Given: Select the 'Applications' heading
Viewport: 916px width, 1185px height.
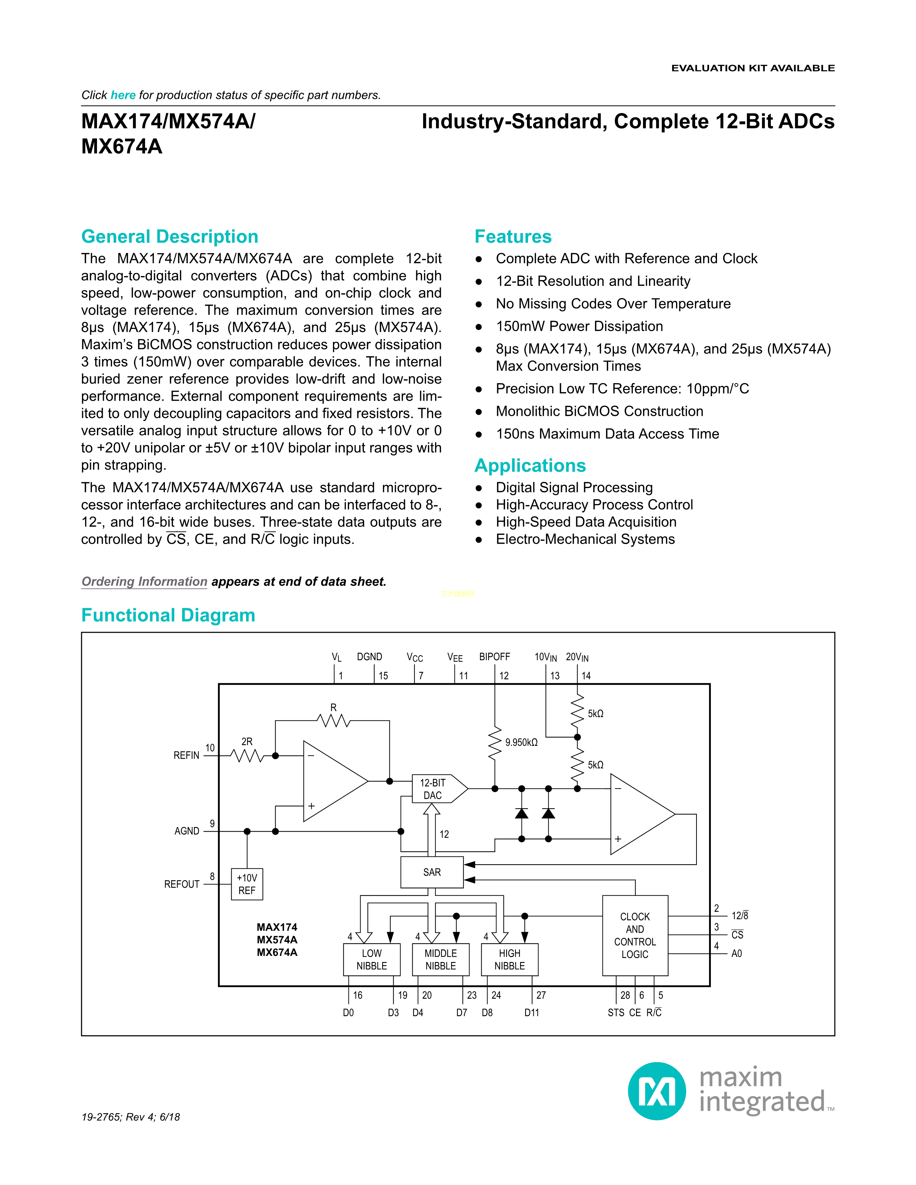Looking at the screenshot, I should [530, 465].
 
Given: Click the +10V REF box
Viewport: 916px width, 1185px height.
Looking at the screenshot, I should [247, 884].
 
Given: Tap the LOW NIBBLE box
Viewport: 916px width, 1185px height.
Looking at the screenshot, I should [372, 959].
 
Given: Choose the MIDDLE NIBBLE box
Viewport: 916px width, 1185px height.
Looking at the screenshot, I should [441, 959].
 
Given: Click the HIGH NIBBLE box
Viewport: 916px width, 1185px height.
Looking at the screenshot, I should [510, 959].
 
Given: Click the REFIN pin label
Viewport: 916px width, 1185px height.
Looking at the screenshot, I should [186, 755].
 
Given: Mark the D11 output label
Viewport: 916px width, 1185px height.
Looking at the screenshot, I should [532, 1013].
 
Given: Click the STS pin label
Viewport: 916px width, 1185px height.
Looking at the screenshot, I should [616, 1013].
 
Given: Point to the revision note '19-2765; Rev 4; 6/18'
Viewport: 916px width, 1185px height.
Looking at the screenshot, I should [131, 1117].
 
